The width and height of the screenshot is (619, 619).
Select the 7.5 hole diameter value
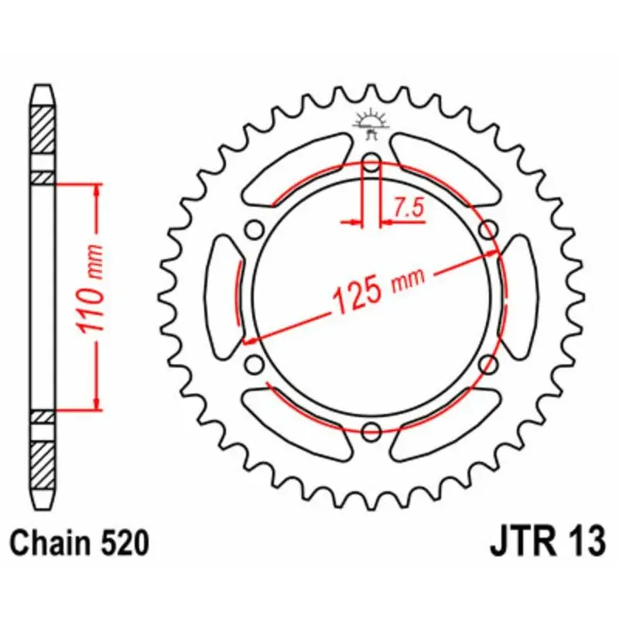[409, 208]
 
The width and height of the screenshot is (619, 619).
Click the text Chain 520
[80, 543]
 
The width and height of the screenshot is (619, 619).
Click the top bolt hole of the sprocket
[371, 162]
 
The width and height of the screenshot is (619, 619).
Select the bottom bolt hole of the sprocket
[371, 431]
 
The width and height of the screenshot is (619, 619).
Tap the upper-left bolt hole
[255, 229]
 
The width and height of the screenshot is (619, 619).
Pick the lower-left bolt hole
[255, 364]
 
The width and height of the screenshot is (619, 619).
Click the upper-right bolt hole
[488, 229]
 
